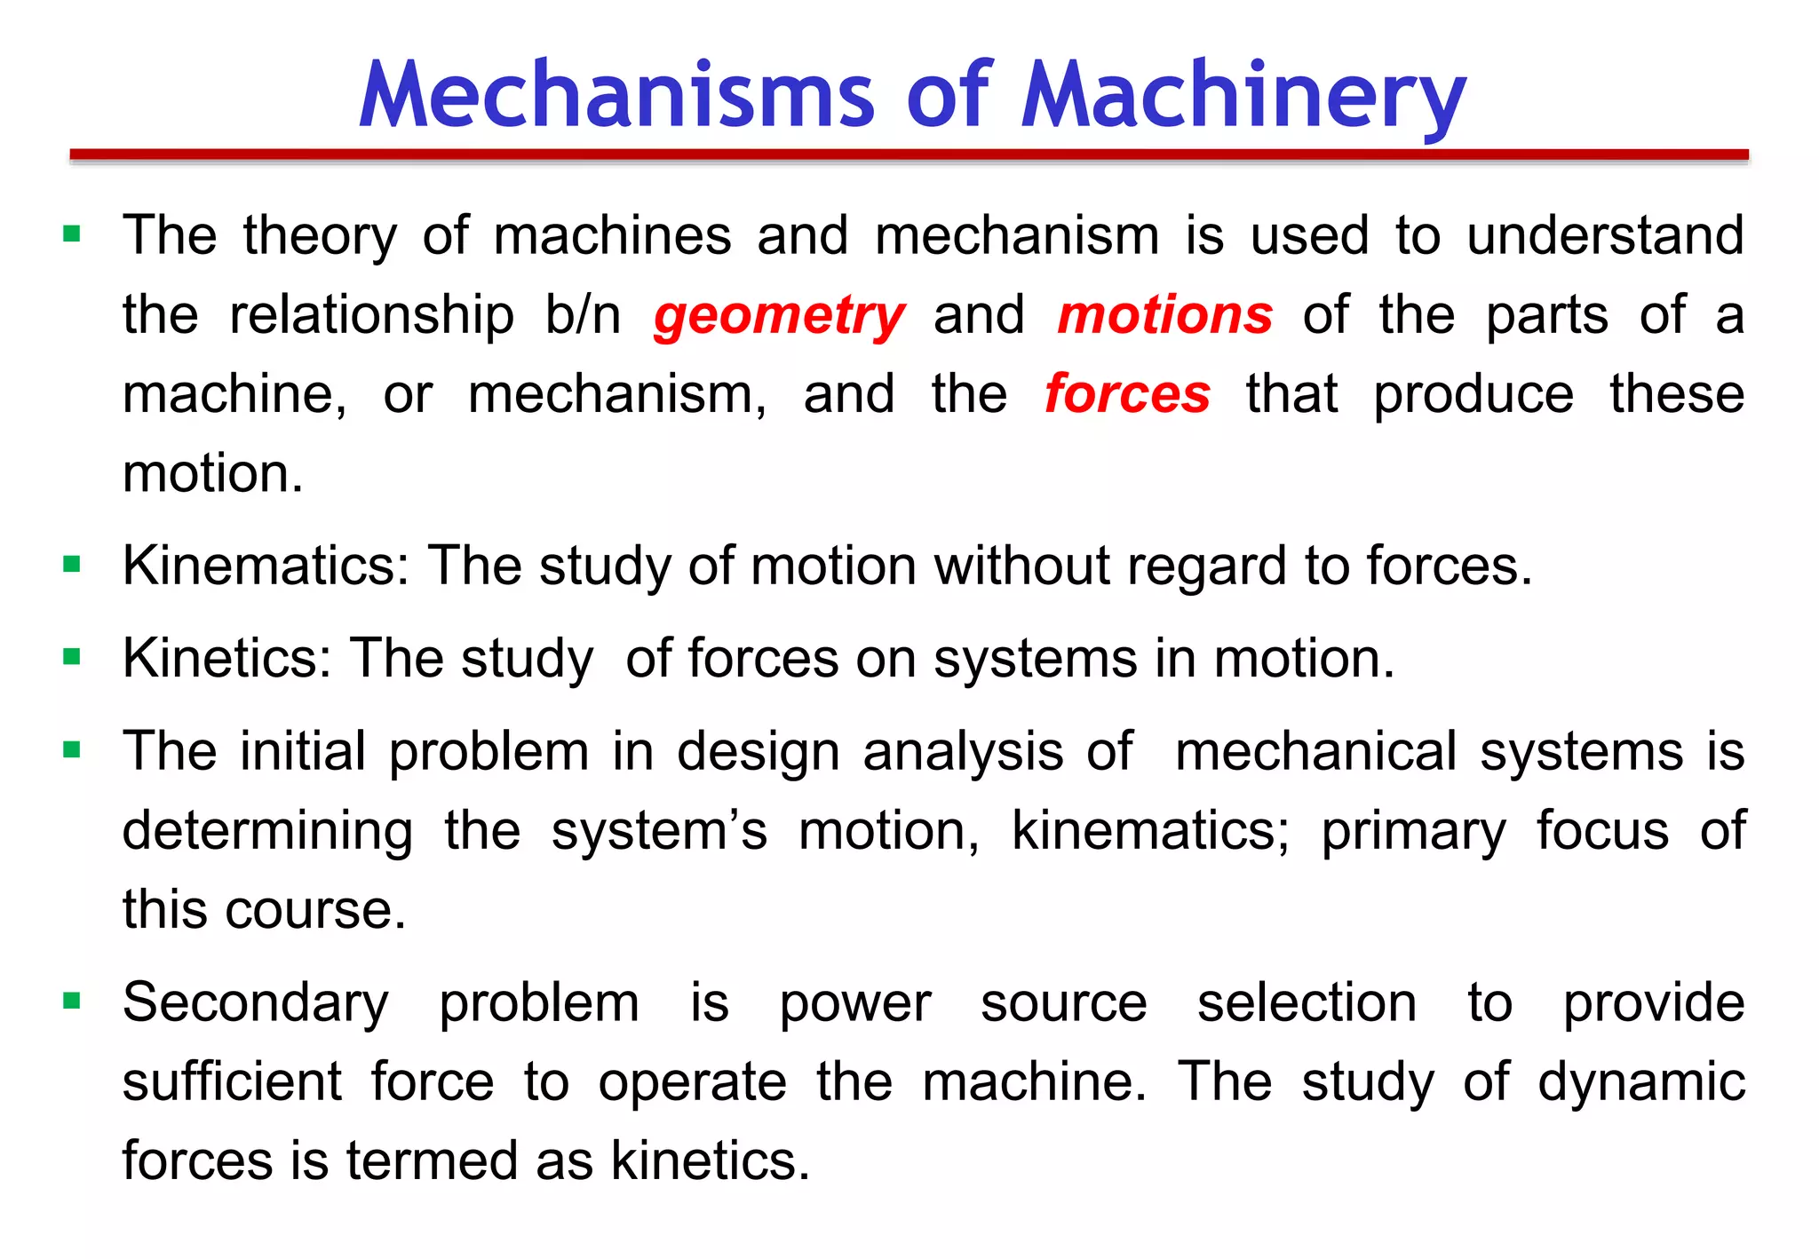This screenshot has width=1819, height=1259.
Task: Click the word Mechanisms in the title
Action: click(616, 96)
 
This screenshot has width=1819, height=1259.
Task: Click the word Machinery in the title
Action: click(1243, 96)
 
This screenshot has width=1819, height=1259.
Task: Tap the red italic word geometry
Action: click(779, 316)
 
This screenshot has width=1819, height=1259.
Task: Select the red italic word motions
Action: click(1164, 315)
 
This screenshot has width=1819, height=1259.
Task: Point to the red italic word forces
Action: click(1126, 394)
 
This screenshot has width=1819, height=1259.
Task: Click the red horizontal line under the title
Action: click(909, 155)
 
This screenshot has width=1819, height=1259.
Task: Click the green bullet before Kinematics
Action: click(73, 565)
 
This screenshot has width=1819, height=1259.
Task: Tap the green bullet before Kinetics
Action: click(73, 658)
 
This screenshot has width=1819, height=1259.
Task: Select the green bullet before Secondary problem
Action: click(73, 1002)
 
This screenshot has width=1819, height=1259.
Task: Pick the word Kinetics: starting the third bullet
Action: click(226, 659)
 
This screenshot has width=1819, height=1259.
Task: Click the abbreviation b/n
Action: click(583, 315)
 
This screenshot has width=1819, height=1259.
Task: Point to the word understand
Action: click(1604, 236)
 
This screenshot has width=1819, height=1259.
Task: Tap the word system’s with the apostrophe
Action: click(658, 832)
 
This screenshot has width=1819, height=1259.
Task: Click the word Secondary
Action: click(255, 1004)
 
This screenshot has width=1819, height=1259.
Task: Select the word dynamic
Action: click(1640, 1082)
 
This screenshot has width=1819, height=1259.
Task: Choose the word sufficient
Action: click(232, 1082)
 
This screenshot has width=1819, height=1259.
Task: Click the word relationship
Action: click(371, 316)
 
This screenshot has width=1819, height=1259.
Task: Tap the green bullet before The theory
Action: click(73, 235)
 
